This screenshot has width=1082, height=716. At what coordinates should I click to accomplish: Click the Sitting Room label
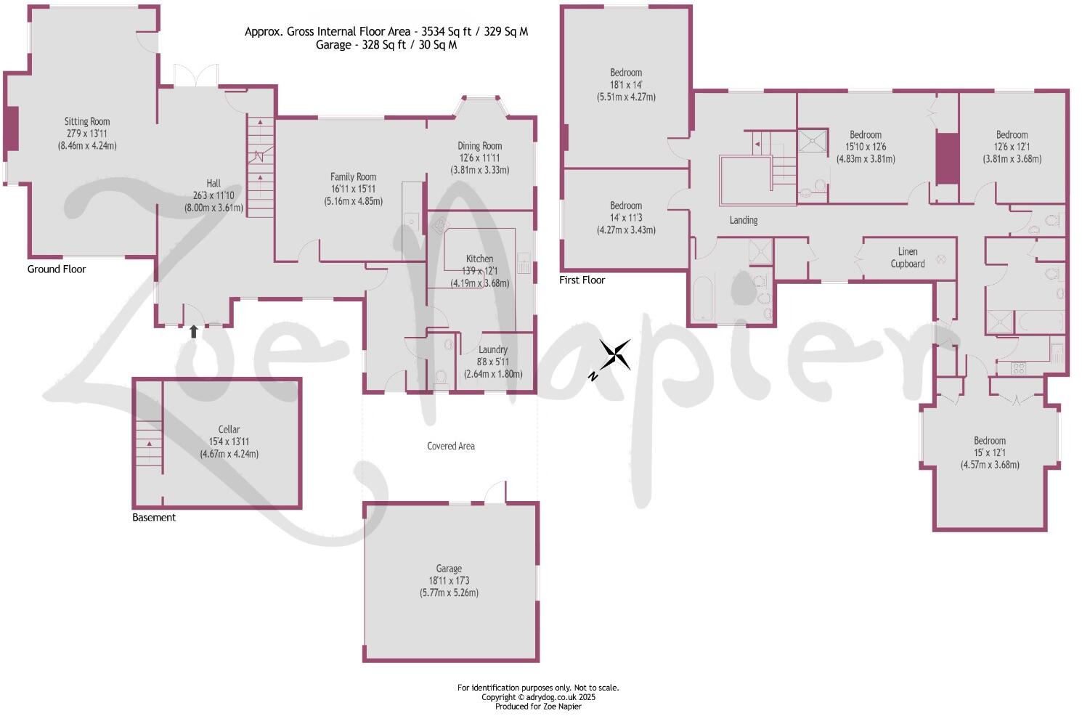pyautogui.click(x=87, y=121)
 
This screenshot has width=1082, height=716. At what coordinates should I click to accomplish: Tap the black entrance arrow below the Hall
pyautogui.click(x=194, y=332)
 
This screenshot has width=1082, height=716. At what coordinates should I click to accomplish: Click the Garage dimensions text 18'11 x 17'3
pyautogui.click(x=449, y=580)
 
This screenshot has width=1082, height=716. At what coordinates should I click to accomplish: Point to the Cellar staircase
pyautogui.click(x=148, y=442)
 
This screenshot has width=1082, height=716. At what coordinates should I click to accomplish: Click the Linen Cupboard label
pyautogui.click(x=907, y=258)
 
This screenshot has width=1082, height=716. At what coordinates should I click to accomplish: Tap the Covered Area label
pyautogui.click(x=450, y=446)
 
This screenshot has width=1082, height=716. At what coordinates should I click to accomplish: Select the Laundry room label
pyautogui.click(x=493, y=349)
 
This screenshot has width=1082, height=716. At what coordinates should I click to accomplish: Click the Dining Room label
pyautogui.click(x=479, y=146)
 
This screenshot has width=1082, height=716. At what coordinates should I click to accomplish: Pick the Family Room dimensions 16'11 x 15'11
pyautogui.click(x=353, y=189)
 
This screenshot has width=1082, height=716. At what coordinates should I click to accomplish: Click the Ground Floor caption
pyautogui.click(x=57, y=269)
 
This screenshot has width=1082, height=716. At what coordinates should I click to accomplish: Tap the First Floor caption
pyautogui.click(x=582, y=280)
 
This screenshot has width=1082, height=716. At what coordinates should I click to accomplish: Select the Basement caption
pyautogui.click(x=154, y=518)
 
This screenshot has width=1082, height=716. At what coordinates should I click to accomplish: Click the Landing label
pyautogui.click(x=743, y=220)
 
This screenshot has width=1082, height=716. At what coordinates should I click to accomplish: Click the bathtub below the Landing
pyautogui.click(x=704, y=298)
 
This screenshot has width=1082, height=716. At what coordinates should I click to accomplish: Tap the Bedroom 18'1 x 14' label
pyautogui.click(x=625, y=73)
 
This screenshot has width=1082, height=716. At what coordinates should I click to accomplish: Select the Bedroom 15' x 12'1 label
pyautogui.click(x=989, y=441)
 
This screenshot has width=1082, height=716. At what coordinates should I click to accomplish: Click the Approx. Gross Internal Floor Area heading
pyautogui.click(x=386, y=31)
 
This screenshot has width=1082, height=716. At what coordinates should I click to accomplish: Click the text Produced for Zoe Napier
pyautogui.click(x=538, y=706)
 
